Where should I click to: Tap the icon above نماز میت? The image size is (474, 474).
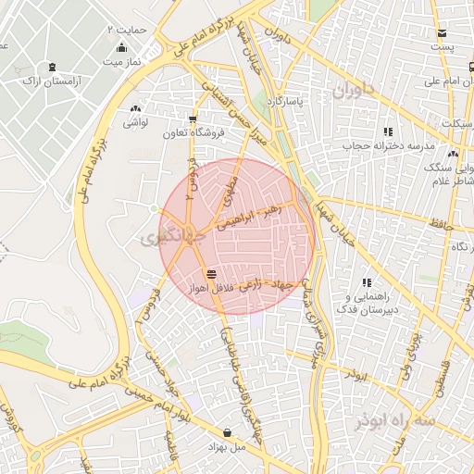click(121, 48)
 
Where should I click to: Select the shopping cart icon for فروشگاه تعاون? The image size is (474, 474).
click(193, 118)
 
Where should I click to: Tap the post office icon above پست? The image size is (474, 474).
click(443, 33)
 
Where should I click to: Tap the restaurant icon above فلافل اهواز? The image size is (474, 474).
click(212, 273)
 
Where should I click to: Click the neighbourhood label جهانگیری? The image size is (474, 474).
click(163, 237)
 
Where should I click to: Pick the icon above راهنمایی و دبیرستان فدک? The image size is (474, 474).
click(367, 281)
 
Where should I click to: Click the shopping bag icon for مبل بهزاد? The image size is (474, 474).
click(228, 432)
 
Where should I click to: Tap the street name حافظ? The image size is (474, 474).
click(441, 224)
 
